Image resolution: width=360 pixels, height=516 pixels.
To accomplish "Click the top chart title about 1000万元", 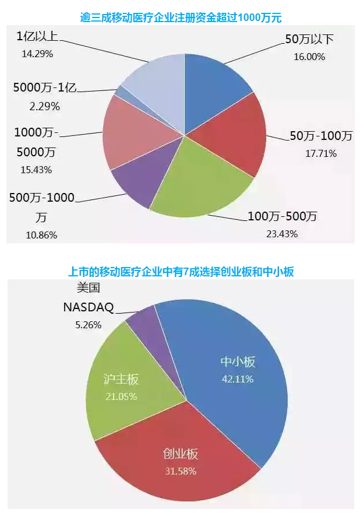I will coord(181,17).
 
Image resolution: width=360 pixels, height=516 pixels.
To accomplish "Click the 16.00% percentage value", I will coord(309,57).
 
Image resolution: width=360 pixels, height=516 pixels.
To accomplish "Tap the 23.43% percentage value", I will coord(282,234).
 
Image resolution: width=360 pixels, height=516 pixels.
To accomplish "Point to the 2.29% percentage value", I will coord(44,107).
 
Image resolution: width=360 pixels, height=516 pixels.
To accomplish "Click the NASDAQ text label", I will coord(88,307).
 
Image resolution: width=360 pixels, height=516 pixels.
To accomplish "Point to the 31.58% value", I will coord(180,471).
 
